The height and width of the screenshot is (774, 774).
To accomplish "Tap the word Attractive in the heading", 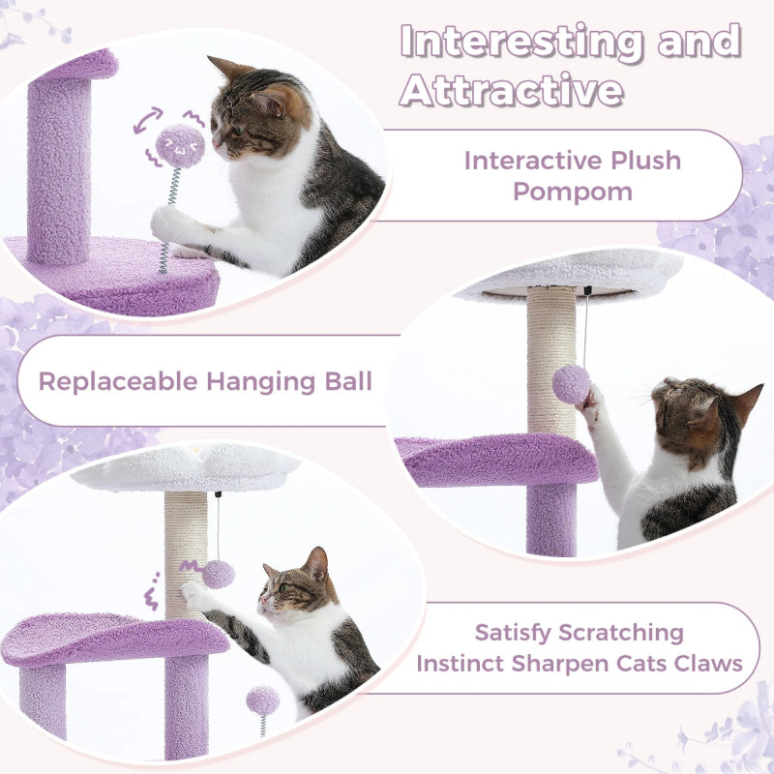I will coord(512,90).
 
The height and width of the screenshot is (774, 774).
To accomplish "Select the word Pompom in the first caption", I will coord(573,191).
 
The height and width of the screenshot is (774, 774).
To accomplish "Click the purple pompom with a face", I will coord(180,145).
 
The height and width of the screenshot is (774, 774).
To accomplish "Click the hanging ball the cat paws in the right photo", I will coord(571,384).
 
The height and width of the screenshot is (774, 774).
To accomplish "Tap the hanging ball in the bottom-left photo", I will coord(219,574).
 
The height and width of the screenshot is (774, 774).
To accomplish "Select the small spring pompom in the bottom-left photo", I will coord(262,700).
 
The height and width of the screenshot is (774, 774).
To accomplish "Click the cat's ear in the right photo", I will coord(746,402).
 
